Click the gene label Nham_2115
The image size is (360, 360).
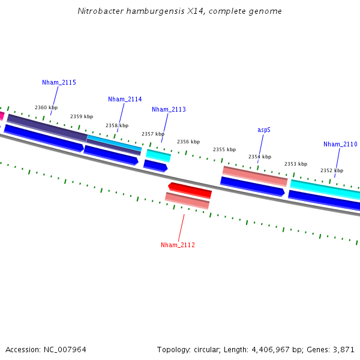point(59,82)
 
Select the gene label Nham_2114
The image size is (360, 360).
point(125,99)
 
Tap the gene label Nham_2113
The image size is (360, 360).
point(169,110)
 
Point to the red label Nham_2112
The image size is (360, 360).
point(178,245)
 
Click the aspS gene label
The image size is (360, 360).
point(264,130)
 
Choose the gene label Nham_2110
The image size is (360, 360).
point(340,144)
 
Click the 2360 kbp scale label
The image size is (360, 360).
point(46,107)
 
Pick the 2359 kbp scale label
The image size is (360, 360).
point(82,116)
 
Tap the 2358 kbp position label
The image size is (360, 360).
point(117,125)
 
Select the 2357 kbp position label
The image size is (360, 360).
point(153,134)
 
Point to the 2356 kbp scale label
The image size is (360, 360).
point(188,142)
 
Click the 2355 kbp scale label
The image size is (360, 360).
point(224,149)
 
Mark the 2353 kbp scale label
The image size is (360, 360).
point(296,164)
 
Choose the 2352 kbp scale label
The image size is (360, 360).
point(331,170)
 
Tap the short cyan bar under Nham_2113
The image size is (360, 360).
point(158,155)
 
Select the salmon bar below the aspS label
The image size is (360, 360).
point(254,176)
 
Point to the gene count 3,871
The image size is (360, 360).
point(343,349)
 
